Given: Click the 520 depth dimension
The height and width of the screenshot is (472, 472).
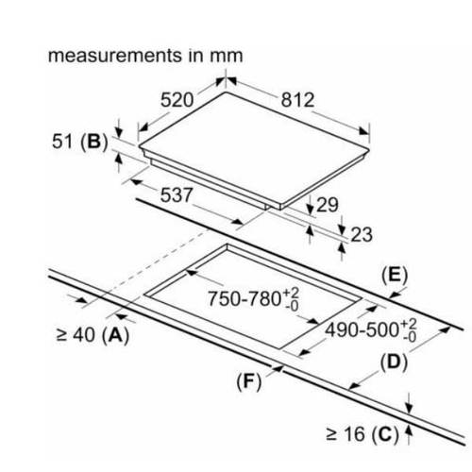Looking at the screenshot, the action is [x=177, y=100].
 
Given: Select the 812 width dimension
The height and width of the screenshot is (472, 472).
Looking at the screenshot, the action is [x=297, y=100].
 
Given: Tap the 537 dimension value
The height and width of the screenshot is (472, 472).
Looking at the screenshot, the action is [x=177, y=195].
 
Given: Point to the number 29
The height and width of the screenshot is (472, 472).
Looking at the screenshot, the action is [x=328, y=205].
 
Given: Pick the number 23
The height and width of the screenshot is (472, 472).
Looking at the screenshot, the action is [x=362, y=235].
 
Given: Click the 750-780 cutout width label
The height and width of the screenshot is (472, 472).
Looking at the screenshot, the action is [x=253, y=298].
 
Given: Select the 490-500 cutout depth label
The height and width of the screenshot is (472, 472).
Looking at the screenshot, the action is [x=371, y=330].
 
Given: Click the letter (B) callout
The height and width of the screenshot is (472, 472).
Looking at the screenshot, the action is [x=94, y=142].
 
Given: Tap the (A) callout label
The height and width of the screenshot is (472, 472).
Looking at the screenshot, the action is [x=116, y=335].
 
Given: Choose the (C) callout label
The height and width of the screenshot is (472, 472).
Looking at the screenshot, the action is [x=385, y=434].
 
